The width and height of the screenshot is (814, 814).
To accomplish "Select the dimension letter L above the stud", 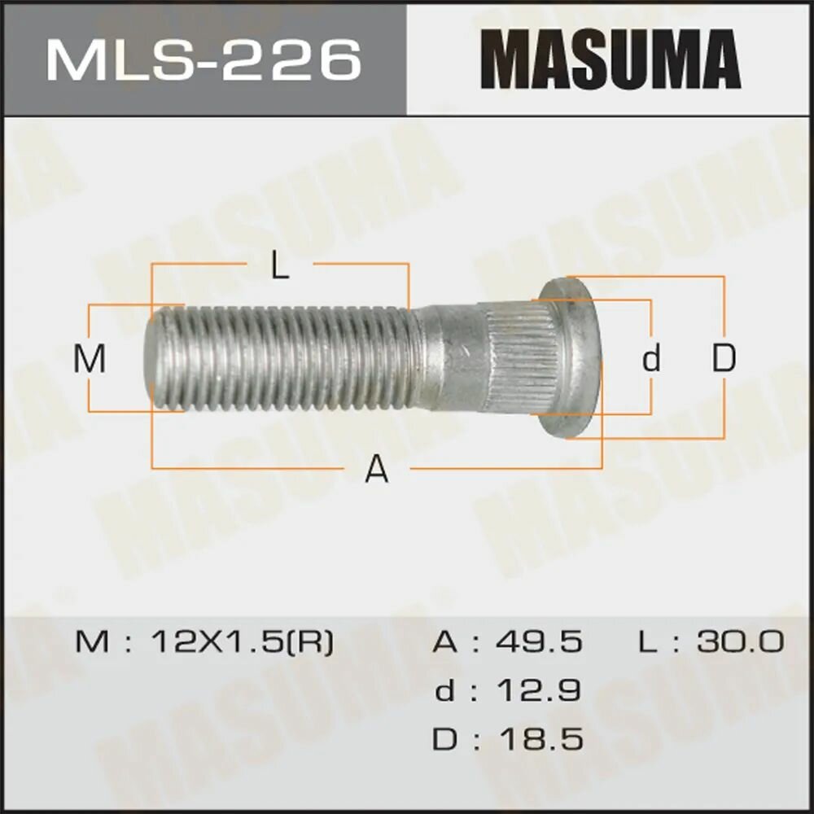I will coord(280,266).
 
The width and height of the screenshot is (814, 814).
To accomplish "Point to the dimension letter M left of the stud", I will coord(90,359).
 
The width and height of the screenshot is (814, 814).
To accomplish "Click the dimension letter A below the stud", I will coord(376,469).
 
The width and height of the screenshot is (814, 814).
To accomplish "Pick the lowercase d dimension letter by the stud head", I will coord(650,358).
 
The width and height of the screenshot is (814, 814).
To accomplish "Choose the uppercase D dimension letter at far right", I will coord(724,358).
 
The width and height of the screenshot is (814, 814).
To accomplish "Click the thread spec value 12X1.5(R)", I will coord(243,642).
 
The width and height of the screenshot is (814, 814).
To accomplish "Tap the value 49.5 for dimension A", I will coord(540,642).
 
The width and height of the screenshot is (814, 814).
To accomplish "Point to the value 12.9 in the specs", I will coord(540,691).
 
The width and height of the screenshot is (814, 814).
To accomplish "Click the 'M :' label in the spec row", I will coord(103,642).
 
